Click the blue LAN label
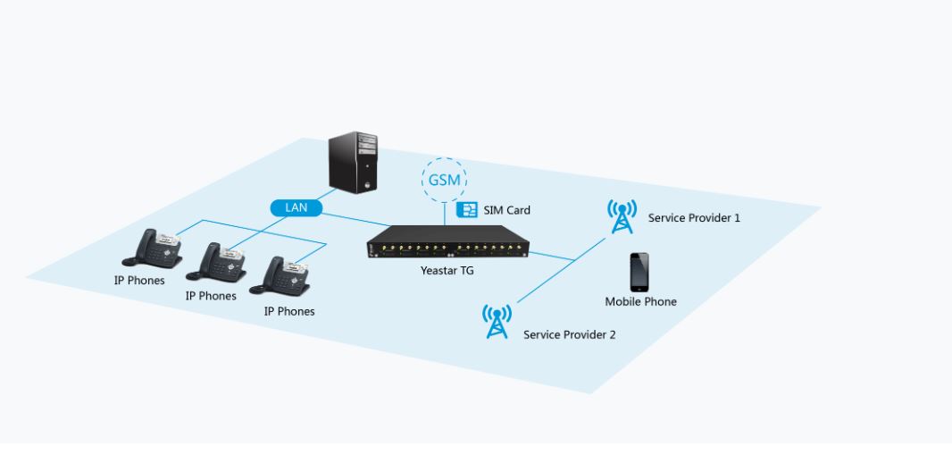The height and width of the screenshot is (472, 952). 296,207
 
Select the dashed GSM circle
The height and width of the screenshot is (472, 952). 444,180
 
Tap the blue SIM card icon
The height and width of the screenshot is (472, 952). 466,210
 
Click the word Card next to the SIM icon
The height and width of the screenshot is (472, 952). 518,210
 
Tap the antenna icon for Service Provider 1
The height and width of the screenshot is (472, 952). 622,216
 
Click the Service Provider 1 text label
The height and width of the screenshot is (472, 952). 694,217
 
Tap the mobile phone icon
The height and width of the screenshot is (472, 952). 639,272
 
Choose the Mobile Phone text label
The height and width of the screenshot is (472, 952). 640,302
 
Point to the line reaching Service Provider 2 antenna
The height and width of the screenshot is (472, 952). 545,277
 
